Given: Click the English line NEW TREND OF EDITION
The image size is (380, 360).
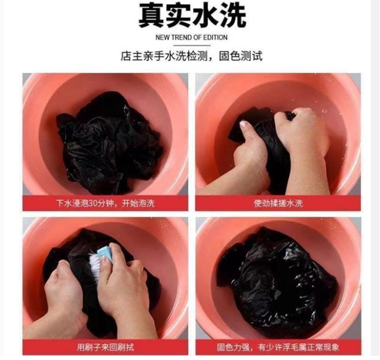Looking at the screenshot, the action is click(x=192, y=38).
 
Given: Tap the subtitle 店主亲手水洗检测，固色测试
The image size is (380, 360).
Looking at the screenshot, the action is click(x=192, y=56).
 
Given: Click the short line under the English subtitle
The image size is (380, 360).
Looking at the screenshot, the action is click(x=192, y=45).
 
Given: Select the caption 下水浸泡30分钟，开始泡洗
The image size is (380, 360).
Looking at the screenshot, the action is click(x=105, y=203).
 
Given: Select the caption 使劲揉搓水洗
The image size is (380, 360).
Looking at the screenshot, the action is click(x=278, y=203).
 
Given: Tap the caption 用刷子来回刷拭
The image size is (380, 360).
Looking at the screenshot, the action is click(x=105, y=347).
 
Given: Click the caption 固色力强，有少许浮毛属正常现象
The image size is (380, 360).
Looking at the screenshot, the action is click(x=278, y=347).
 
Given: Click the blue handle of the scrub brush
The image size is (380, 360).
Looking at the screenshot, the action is click(x=105, y=254).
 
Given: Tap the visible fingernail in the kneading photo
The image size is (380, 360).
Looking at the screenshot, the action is click(x=243, y=124).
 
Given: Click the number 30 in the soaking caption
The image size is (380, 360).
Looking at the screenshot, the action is click(x=93, y=203).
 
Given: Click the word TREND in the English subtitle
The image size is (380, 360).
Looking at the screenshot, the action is click(x=179, y=38).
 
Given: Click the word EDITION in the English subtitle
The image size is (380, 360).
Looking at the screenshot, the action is click(x=215, y=38).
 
